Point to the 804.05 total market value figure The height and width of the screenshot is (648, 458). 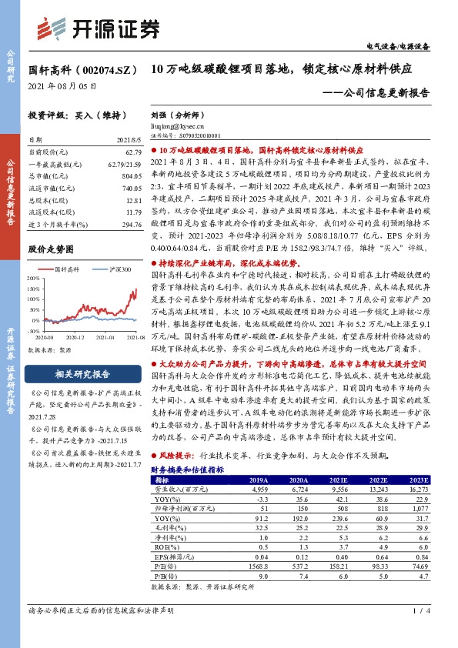point(112,175)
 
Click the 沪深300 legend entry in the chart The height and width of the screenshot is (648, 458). point(108,269)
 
